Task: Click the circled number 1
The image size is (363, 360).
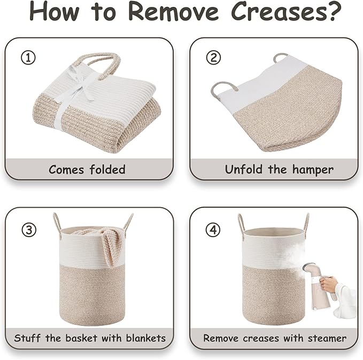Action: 28,58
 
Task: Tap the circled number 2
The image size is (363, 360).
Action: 213,58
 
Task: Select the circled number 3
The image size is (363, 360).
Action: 29,230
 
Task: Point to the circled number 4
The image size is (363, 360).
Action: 213,230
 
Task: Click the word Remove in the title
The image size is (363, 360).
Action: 173,11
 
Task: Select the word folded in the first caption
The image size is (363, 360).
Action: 107,169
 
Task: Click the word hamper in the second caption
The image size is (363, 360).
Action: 313,170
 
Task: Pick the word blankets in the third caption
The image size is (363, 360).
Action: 146,338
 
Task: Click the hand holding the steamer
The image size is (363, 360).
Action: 328,284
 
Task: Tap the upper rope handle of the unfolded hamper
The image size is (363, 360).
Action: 281,56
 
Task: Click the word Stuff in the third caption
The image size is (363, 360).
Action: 27,338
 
